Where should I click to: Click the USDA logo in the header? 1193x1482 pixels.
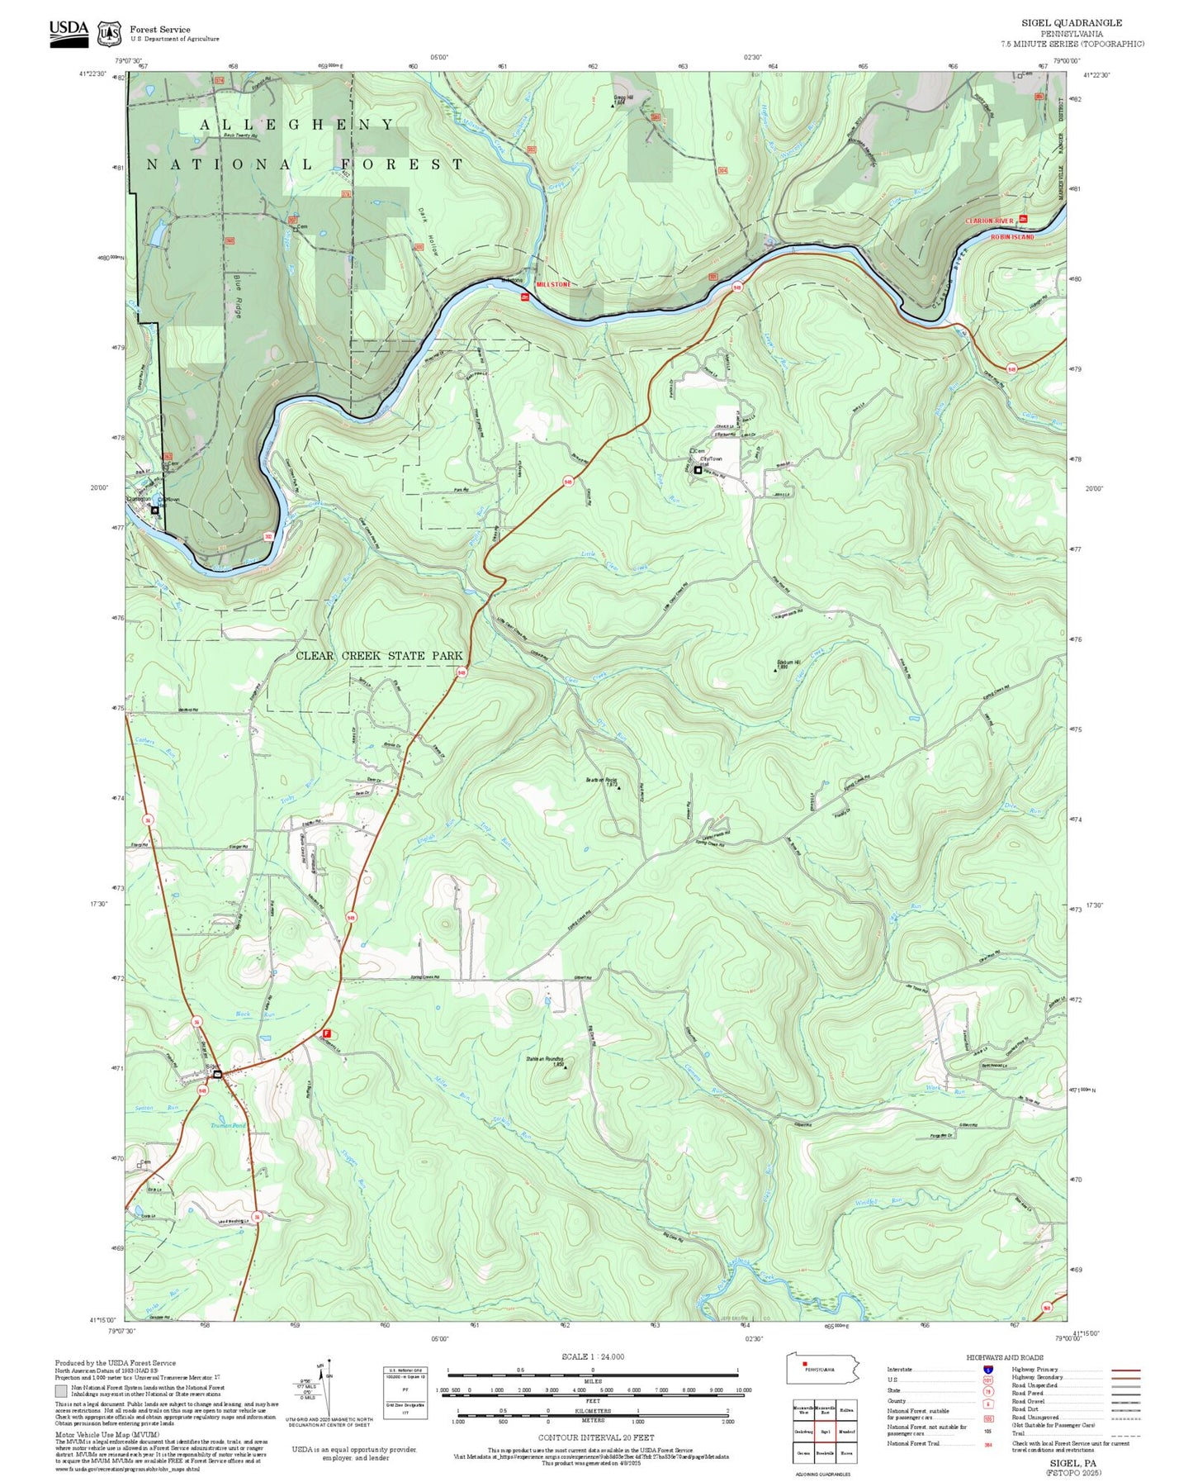pos(69,32)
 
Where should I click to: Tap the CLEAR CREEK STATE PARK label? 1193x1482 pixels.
pos(379,656)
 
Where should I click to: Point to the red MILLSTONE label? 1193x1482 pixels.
pos(552,284)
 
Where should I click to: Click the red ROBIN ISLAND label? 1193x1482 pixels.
pos(1012,237)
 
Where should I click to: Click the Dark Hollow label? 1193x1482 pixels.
pos(427,230)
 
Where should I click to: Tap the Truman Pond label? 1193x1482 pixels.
pos(228,1126)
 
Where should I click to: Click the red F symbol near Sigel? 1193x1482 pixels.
pos(326,1033)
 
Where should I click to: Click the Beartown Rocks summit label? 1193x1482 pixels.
pos(602,781)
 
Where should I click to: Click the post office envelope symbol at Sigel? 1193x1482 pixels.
pos(217,1074)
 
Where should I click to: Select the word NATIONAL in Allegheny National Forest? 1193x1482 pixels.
pos(230,164)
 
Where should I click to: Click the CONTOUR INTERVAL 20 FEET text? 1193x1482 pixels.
pos(595,1438)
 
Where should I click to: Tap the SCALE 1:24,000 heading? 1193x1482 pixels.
pos(592,1356)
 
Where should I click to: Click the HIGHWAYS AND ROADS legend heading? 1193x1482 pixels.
pos(1004,1357)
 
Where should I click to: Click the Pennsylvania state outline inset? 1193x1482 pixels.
pos(822,1370)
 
